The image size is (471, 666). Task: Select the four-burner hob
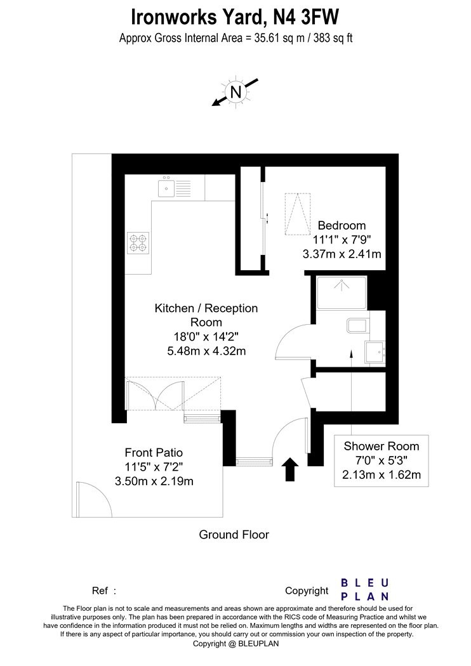138,243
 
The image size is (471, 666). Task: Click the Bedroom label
342,225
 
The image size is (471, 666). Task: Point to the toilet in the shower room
357,326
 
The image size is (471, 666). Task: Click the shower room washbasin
375,353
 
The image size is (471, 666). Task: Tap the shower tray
342,293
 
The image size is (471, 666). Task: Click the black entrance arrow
290,469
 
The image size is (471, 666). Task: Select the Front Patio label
154,452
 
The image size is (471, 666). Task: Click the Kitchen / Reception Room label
206,315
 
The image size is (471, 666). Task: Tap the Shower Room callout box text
381,460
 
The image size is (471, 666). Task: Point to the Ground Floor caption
234,534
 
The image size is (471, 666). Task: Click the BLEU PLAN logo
365,589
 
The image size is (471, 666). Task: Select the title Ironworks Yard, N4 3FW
235,17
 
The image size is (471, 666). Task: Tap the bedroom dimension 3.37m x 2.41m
342,254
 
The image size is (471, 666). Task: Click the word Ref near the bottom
100,591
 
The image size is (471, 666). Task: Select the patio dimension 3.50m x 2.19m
154,481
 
